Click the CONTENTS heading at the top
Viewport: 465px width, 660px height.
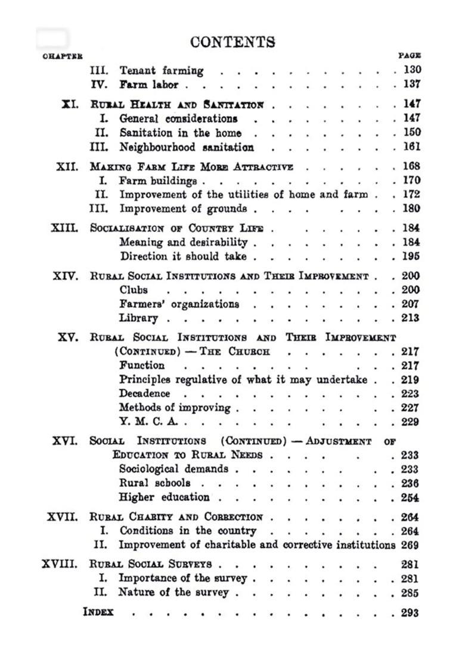232,42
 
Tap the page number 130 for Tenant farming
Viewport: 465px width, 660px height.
412,70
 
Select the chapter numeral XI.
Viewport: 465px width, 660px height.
70,104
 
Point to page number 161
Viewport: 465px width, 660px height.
411,147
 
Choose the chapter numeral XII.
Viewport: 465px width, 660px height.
67,166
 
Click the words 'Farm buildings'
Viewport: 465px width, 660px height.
158,180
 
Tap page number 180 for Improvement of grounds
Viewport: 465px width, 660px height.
411,208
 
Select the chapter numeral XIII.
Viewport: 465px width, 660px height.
65,228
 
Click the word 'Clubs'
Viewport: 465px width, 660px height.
134,290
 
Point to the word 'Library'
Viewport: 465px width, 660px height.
138,318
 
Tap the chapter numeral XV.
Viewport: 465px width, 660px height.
68,337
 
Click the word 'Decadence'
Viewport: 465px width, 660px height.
144,394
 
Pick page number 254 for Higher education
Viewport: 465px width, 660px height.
410,497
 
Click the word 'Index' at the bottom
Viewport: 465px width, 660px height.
98,612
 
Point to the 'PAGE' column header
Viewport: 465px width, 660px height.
410,56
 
